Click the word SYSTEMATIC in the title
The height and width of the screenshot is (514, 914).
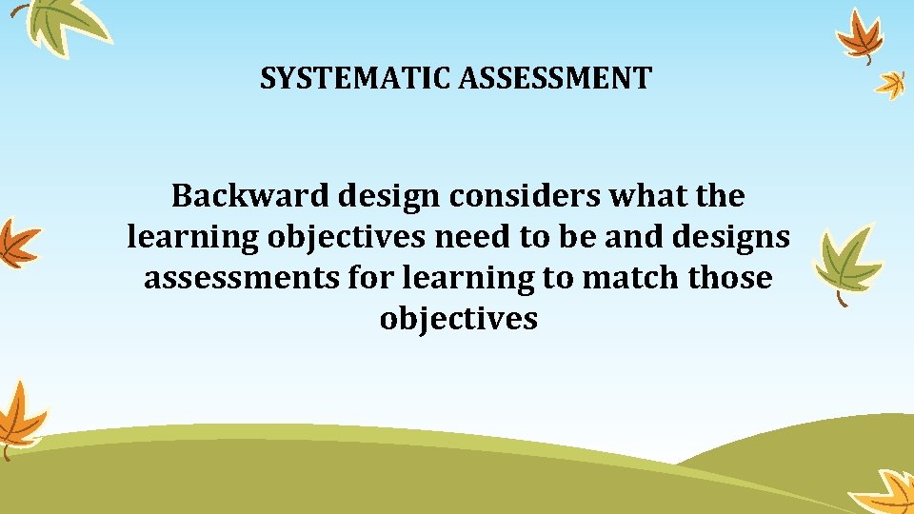pos(356,78)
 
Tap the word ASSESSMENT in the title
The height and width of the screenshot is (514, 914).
pos(555,78)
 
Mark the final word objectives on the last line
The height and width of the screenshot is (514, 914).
pos(458,319)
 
